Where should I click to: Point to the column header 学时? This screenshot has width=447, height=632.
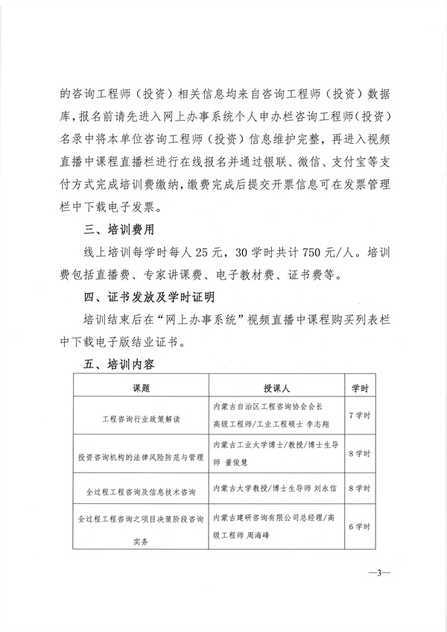coord(361,389)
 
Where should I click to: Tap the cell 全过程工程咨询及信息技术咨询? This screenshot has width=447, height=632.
coord(141,492)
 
